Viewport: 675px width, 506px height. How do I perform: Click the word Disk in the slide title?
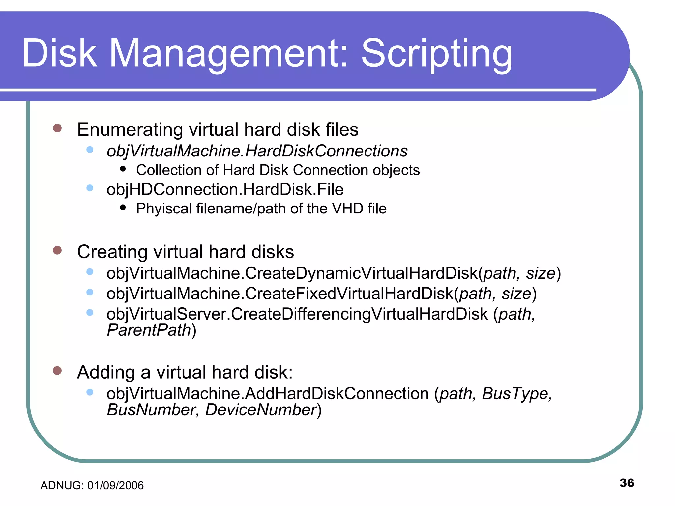pos(59,53)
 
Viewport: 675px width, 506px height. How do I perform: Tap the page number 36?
pos(627,483)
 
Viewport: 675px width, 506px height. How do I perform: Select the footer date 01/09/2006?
pos(115,486)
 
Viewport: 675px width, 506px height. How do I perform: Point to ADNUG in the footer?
pos(61,486)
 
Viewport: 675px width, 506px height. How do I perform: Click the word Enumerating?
pos(130,129)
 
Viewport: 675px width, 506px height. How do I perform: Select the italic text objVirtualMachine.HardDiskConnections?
pos(257,151)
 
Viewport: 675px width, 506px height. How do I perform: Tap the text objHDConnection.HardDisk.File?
pos(225,190)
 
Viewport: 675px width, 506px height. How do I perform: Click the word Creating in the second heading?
pos(112,252)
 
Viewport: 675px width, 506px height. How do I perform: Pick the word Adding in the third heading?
pos(106,372)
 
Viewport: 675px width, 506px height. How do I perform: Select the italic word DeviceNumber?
pos(261,410)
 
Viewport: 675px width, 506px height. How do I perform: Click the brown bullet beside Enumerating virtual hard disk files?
pos(57,128)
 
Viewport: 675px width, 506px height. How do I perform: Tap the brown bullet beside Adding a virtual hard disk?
pos(57,371)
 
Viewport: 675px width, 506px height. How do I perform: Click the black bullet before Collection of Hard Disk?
pos(123,169)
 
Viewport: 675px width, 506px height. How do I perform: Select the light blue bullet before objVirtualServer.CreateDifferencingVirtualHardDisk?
pos(90,312)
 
